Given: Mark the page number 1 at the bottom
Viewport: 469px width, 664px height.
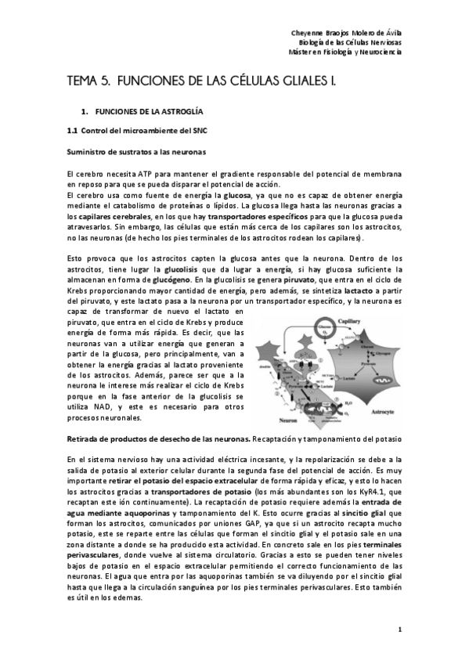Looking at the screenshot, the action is (x=399, y=630).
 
